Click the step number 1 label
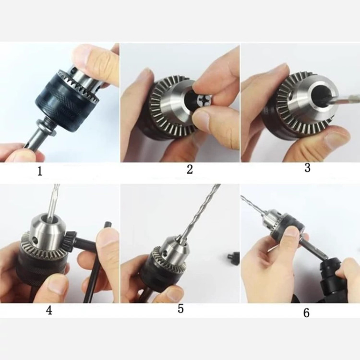40,171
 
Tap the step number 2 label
190,169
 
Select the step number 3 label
307,168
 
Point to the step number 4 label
49,310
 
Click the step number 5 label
180,309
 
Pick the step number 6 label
306,312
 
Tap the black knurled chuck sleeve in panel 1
65,103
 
